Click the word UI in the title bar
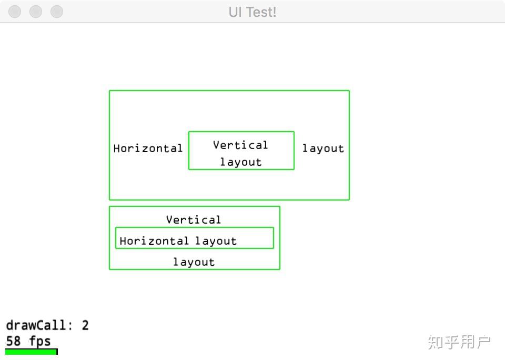coord(235,12)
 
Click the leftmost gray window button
coord(15,12)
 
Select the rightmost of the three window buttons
coord(56,12)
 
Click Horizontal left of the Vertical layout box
coord(148,148)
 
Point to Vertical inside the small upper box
coord(240,145)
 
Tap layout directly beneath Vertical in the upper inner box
coord(240,162)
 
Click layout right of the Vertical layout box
coord(323,148)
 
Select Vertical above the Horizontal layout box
coord(194,219)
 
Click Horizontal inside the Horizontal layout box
coord(154,241)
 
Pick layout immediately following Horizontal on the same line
coord(216,241)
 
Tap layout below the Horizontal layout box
coord(194,262)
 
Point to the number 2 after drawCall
coord(85,325)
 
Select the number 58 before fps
coord(13,341)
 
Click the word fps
coord(40,341)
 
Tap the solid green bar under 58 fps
coord(30,352)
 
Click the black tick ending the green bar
coord(57,352)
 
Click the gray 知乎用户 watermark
coord(459,342)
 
